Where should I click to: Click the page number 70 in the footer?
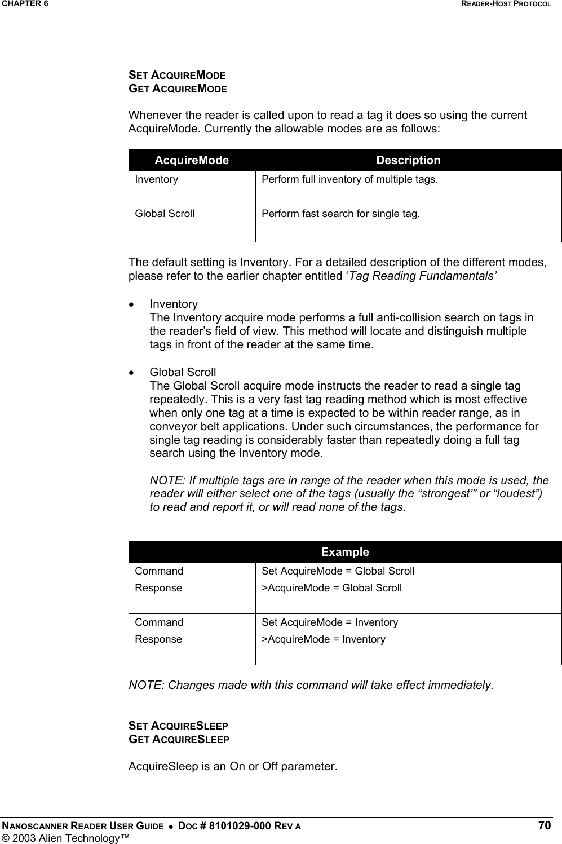pos(543,826)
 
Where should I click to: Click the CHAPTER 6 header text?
pos(24,4)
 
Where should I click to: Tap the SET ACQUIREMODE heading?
pos(178,75)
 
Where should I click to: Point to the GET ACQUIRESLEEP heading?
pos(179,739)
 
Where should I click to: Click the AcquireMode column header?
pos(192,160)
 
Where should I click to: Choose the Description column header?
pos(408,160)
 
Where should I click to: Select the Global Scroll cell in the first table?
pos(165,214)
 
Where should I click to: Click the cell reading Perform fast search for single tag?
pos(340,214)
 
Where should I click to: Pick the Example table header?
pos(345,552)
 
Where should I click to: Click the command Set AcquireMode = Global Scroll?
pos(338,571)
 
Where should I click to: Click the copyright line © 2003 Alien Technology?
pos(65,838)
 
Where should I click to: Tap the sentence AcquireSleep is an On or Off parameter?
pos(233,767)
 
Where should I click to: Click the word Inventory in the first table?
pos(156,179)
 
